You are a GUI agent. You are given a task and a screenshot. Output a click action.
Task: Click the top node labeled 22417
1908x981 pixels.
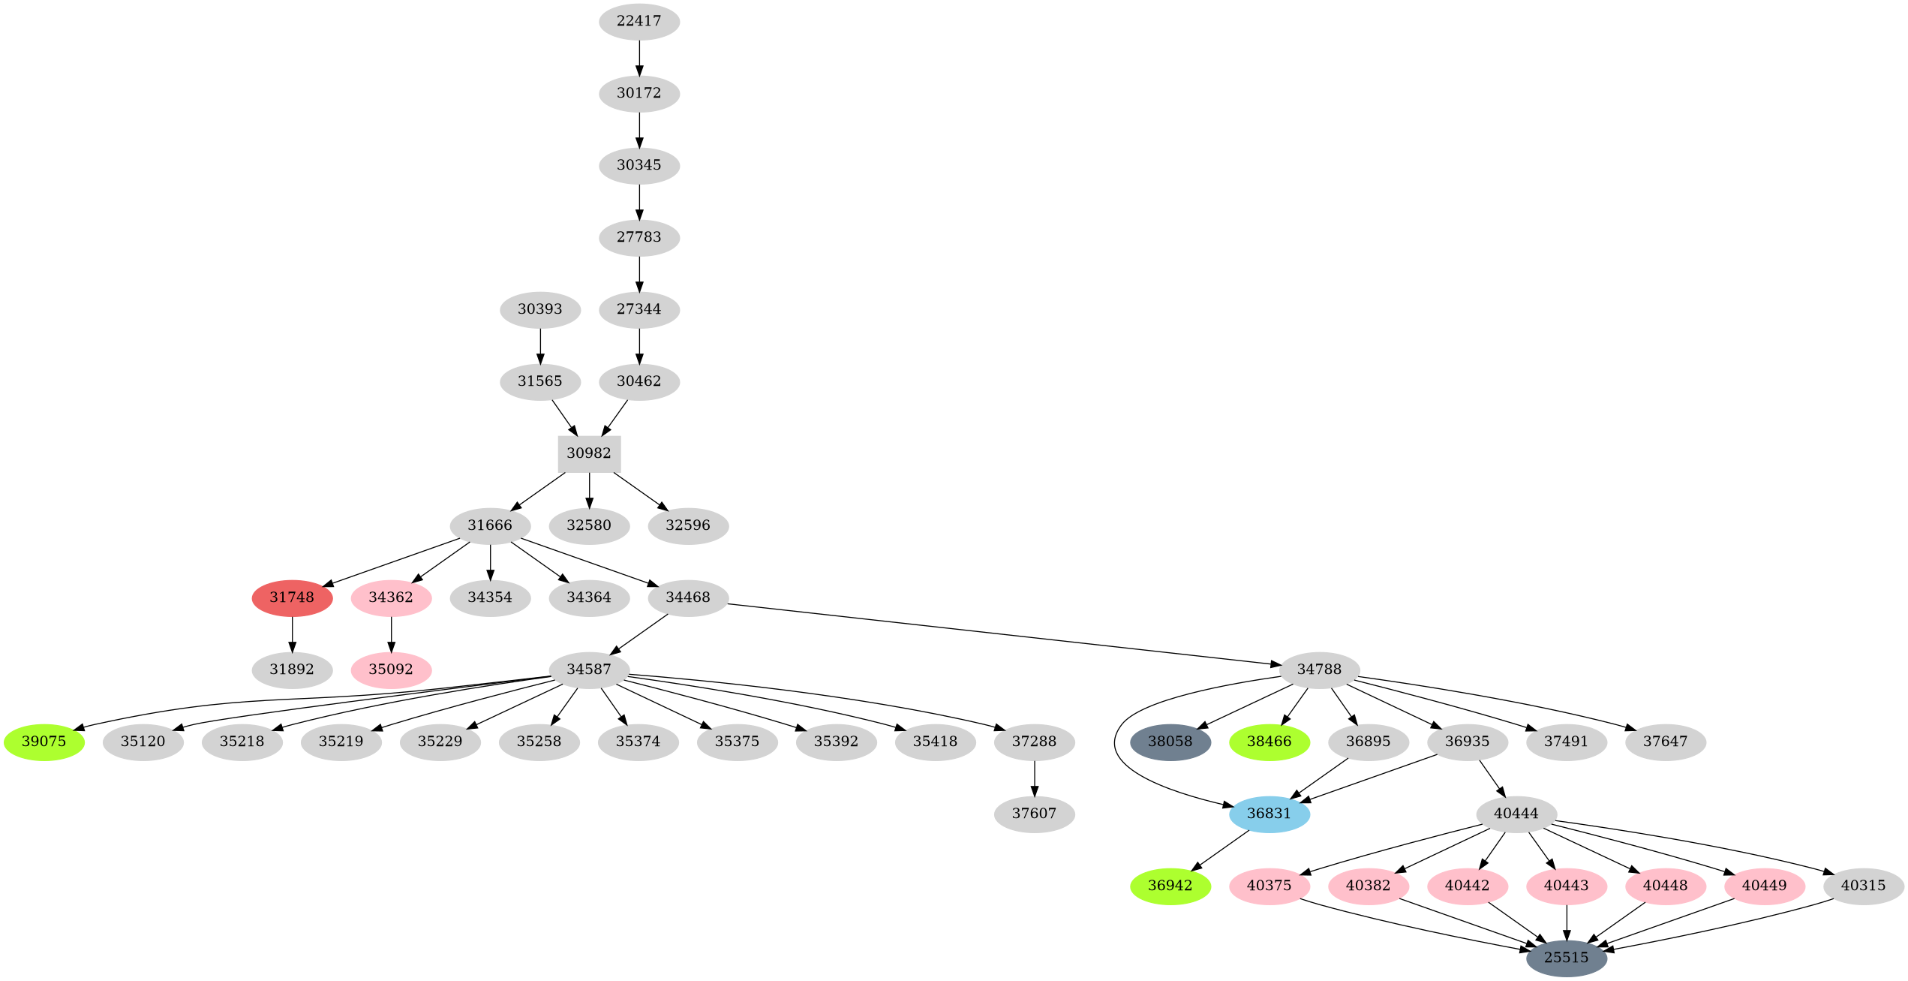pos(639,21)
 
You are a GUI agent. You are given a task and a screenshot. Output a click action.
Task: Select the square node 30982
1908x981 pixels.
pos(589,453)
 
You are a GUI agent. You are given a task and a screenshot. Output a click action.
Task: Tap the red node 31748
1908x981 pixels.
pos(292,597)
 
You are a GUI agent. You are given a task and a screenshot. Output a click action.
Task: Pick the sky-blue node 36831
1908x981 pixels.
pos(1269,814)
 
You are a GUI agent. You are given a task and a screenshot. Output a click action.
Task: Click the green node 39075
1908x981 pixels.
pos(44,742)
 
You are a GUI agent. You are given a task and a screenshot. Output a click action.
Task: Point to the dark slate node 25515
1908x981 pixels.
pos(1566,958)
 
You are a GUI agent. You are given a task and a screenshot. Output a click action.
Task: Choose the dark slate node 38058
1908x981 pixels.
pos(1170,742)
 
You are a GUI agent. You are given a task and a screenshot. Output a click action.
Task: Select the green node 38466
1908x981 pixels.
pos(1269,742)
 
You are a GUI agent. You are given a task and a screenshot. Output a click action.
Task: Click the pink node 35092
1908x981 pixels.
pos(391,670)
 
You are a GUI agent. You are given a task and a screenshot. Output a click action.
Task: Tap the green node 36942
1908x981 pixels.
pos(1170,886)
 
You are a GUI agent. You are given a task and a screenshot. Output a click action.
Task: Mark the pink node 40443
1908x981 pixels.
pos(1566,886)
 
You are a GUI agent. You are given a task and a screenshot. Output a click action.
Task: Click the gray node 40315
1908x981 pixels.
pos(1863,886)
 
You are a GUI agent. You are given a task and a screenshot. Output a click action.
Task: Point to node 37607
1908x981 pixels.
pos(1034,814)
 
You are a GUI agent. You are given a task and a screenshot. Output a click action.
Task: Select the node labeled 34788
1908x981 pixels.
pos(1319,670)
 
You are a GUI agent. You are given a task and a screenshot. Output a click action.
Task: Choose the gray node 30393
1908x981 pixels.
pos(539,309)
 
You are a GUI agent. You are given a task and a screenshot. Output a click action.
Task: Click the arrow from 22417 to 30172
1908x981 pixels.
pos(639,57)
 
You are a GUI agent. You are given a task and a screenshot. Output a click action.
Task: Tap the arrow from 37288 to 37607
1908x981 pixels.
pos(1034,778)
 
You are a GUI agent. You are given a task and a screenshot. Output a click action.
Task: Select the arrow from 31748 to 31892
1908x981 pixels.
pos(292,633)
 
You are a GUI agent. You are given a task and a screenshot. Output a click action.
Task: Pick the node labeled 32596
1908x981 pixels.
pos(687,525)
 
